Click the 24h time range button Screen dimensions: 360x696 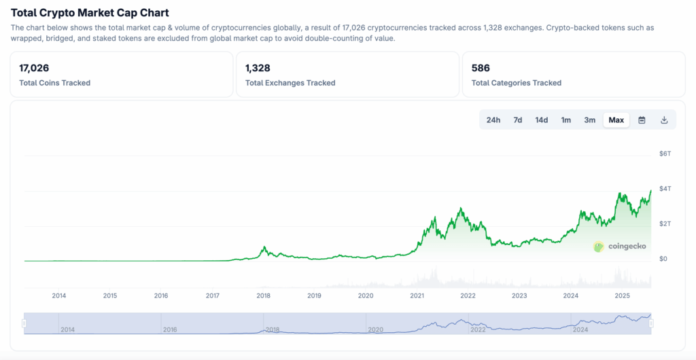pos(493,120)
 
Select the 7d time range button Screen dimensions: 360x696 pos(518,120)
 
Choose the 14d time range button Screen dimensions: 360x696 pos(542,120)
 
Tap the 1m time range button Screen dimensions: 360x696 pos(565,120)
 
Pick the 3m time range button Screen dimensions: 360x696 pos(589,120)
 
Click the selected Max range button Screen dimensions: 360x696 pos(616,120)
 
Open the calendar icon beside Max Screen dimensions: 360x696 pos(642,120)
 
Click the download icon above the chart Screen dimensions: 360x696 pos(665,120)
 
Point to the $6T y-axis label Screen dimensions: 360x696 pos(665,154)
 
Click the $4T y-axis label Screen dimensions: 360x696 pos(665,188)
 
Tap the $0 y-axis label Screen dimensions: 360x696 pos(663,259)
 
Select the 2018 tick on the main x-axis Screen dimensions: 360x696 pos(264,295)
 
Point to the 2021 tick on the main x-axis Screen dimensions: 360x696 pos(417,295)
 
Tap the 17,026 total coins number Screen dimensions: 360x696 pos(34,68)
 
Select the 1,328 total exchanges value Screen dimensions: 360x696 pos(258,68)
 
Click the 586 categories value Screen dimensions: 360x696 pos(481,68)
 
